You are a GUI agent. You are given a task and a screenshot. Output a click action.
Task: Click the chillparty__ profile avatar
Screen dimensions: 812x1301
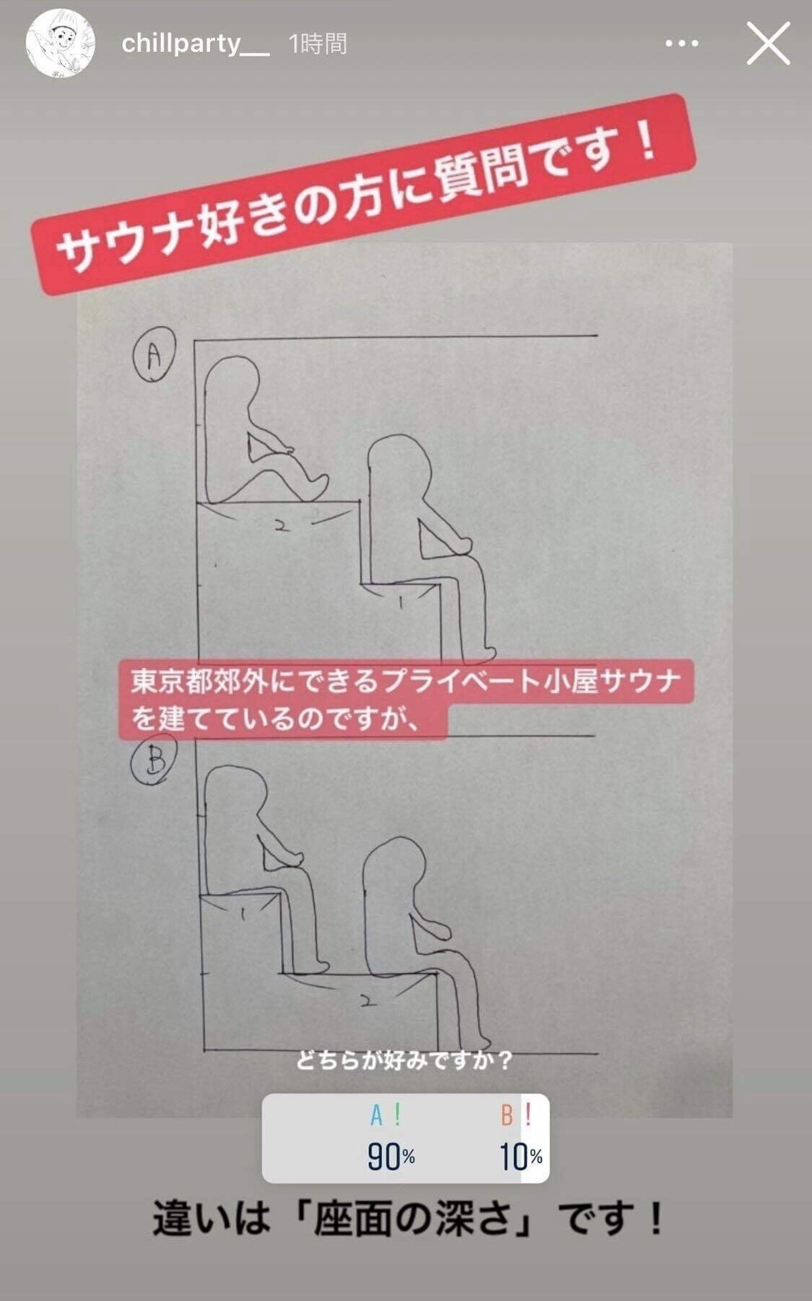click(x=60, y=43)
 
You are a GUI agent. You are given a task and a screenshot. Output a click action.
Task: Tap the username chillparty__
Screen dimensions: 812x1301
click(x=195, y=43)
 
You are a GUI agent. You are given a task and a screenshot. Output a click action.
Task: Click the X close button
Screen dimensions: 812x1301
click(x=768, y=43)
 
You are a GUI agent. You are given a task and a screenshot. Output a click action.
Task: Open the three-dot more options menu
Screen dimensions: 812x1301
click(x=682, y=43)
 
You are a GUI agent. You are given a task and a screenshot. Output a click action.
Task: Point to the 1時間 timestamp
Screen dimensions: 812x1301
click(x=317, y=43)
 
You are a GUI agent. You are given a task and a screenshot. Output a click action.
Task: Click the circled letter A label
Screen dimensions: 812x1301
click(x=154, y=354)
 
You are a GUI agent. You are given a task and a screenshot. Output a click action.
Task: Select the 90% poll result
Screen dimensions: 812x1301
click(x=391, y=1157)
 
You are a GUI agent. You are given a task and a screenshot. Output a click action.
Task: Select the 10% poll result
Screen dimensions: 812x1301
click(x=520, y=1157)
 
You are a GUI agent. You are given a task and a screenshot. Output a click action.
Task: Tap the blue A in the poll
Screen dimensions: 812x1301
click(x=376, y=1115)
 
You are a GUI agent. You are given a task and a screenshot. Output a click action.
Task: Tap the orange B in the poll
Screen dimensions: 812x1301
click(x=507, y=1115)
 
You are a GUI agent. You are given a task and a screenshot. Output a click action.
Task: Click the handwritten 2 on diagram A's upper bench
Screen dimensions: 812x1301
click(x=281, y=527)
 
